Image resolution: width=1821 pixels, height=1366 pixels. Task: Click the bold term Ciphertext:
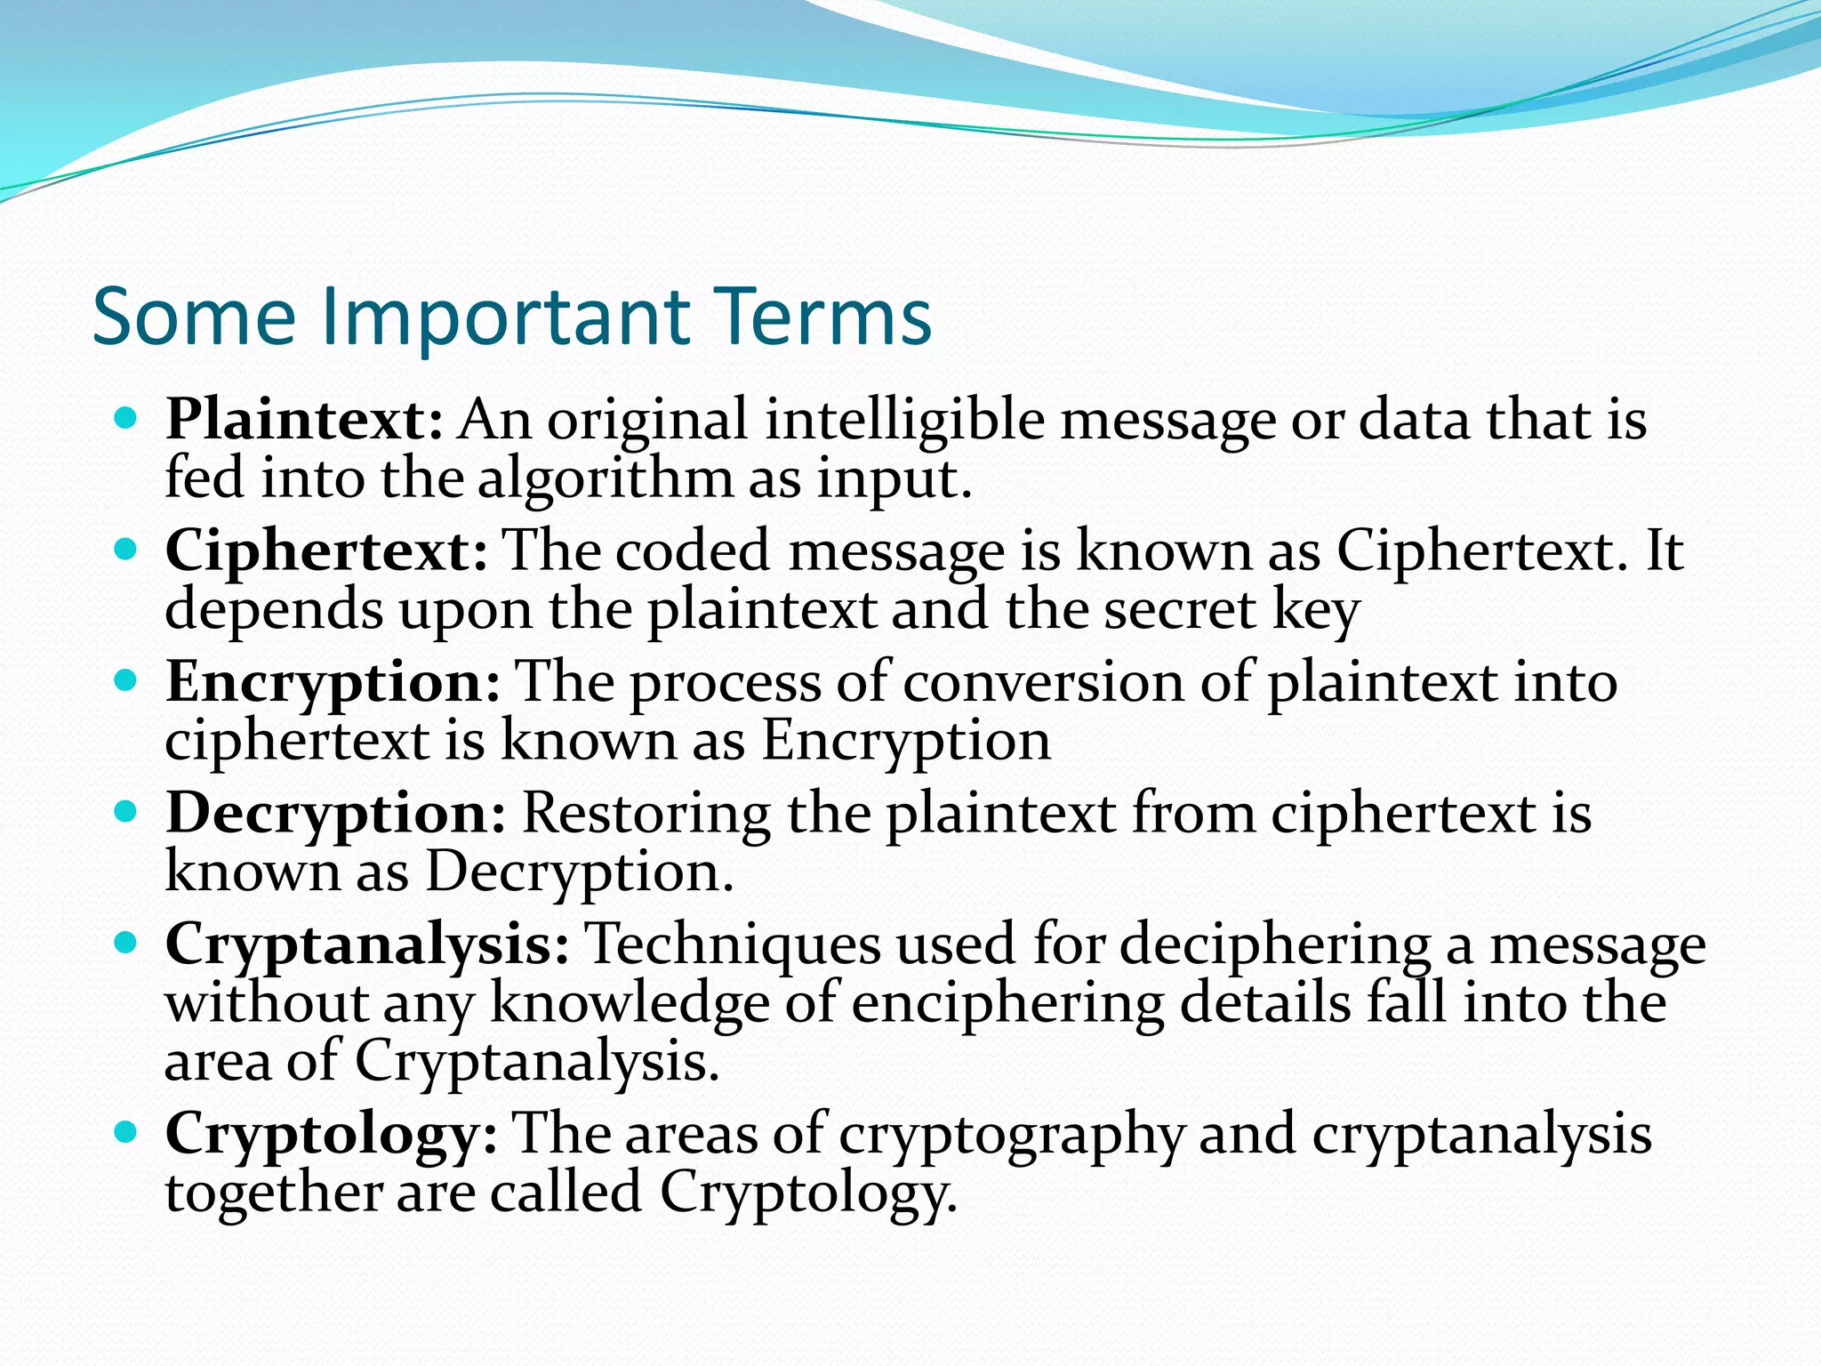tap(326, 551)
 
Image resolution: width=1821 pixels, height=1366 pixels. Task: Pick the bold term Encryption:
tap(333, 683)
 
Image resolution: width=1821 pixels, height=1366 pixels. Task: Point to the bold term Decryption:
tap(335, 814)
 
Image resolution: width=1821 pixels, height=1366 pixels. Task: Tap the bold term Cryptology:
tap(331, 1135)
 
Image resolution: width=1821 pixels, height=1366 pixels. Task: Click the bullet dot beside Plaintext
tap(127, 417)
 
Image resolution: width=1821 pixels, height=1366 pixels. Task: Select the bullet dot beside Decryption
tap(127, 811)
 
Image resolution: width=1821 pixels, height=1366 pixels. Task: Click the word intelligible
tap(904, 420)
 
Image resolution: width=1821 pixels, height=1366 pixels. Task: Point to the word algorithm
tap(605, 480)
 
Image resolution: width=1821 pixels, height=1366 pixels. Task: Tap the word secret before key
tap(1180, 611)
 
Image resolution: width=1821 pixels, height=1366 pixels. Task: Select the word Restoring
tap(646, 814)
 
